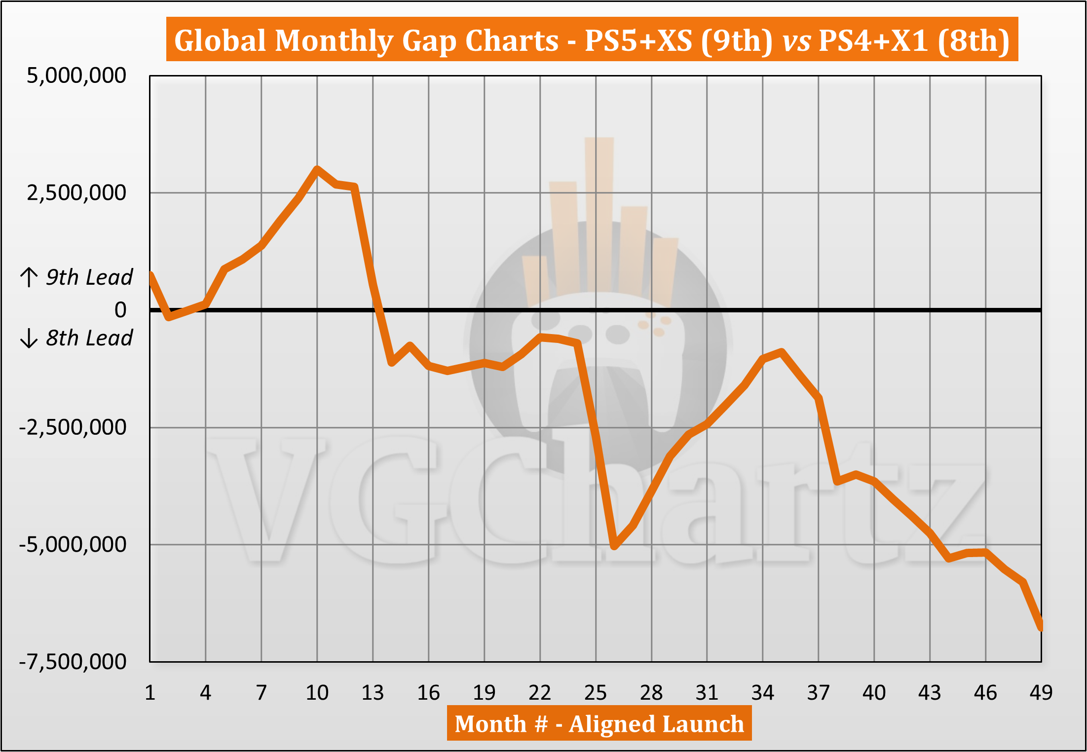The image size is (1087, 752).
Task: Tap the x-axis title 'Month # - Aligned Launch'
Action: point(599,724)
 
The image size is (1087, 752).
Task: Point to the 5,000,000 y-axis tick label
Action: point(76,75)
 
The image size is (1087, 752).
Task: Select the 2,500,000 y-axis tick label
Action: point(76,192)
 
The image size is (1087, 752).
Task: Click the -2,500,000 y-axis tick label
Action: point(73,427)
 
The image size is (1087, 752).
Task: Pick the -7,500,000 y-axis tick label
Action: point(73,662)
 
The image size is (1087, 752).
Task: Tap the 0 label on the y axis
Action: point(120,310)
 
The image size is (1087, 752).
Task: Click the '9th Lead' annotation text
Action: point(89,277)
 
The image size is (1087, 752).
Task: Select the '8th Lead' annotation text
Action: point(89,338)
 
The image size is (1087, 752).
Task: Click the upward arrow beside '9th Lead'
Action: point(29,277)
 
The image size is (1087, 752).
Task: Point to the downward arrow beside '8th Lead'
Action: point(29,338)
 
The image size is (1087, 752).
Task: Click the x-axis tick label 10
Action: point(317,693)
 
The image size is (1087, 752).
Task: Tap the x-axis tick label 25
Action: point(596,693)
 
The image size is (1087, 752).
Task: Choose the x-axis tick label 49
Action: point(1041,693)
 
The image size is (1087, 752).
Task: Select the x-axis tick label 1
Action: point(150,693)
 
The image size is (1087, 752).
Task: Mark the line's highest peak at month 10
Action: point(317,169)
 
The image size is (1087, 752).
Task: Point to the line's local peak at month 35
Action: point(782,351)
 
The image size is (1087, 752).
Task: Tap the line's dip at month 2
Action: point(169,317)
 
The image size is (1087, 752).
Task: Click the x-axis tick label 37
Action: point(819,693)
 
